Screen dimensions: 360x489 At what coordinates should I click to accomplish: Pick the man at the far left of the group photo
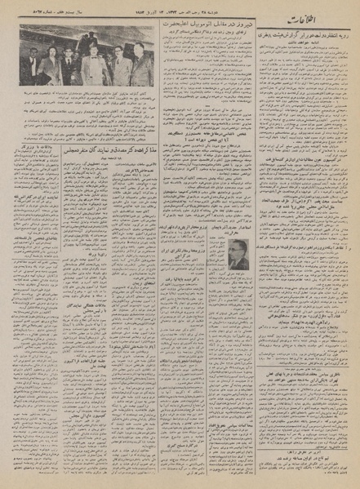pyautogui.click(x=31, y=69)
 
